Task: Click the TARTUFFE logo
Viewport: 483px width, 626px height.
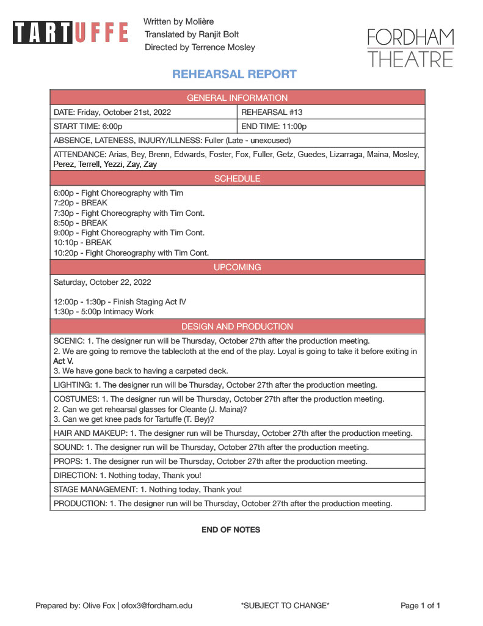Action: [70, 32]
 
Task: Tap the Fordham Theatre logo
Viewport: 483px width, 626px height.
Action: [410, 48]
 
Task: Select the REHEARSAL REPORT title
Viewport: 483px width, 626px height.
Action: [234, 75]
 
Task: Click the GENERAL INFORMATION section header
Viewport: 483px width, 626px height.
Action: [237, 98]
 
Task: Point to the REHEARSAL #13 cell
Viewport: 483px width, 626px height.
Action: [272, 112]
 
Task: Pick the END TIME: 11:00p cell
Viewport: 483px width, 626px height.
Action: [274, 127]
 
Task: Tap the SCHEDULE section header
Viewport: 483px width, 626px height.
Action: [237, 179]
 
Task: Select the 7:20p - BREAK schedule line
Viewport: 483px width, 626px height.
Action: [81, 203]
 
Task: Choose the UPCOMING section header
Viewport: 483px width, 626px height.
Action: [237, 267]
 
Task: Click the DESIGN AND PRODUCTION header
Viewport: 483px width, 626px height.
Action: [237, 326]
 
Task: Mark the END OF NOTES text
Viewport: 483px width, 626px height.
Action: [231, 530]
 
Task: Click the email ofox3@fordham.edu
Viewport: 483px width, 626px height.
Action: [157, 606]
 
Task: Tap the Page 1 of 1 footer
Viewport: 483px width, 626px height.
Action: [420, 606]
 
